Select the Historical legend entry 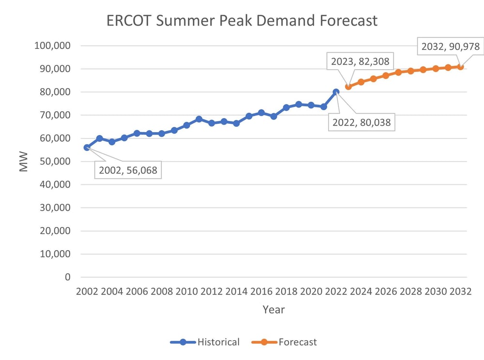205,342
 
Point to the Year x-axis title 273,310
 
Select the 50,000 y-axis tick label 54,162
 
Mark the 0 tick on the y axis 67,277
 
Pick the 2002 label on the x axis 87,292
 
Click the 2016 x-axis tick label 261,292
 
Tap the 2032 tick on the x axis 460,292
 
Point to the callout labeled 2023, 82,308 360,61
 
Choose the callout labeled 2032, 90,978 450,47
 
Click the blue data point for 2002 87,148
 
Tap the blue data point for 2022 336,92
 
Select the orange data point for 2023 348,87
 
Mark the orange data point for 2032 461,67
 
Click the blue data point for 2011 199,119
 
